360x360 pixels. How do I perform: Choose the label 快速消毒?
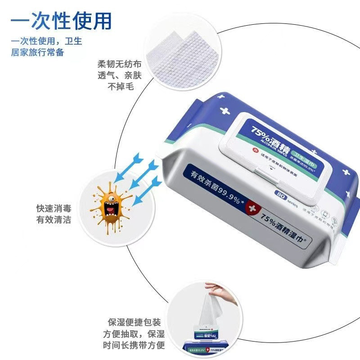[54, 209]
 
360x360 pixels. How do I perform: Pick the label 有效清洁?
[54, 220]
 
